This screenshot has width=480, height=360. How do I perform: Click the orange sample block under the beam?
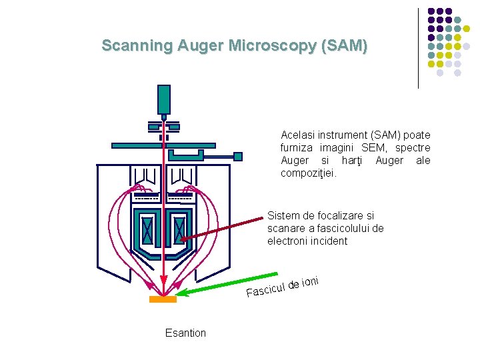(163, 300)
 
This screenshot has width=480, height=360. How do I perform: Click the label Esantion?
(185, 333)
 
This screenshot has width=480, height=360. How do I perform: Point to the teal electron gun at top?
(163, 99)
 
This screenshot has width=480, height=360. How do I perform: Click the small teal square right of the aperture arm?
(237, 156)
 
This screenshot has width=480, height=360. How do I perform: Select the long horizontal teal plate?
(163, 144)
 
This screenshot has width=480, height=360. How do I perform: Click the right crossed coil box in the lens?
(179, 230)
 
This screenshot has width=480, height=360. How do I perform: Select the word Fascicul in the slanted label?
(265, 290)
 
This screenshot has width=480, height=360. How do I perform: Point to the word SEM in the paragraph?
(372, 147)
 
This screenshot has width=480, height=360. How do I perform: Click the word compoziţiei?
(309, 173)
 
